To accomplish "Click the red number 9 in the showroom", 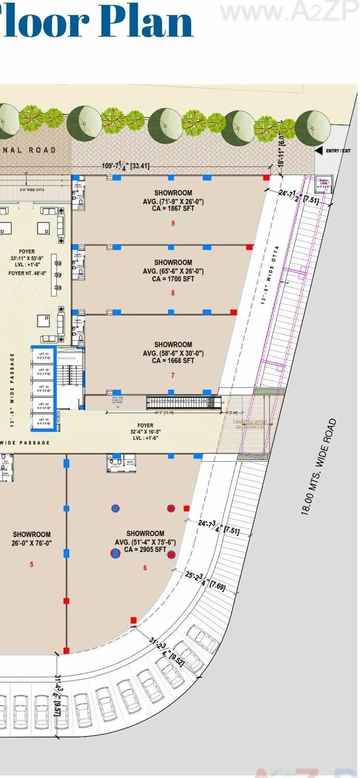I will (x=173, y=223).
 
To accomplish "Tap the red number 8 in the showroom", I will (x=173, y=293).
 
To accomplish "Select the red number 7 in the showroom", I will (x=173, y=375).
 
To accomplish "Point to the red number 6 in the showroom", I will (x=145, y=568).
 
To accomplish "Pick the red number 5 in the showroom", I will (x=32, y=564).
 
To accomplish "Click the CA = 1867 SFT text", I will (x=173, y=209).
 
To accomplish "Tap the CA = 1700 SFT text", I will (x=173, y=279).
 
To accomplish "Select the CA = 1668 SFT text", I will (x=173, y=360).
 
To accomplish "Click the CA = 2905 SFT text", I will (x=145, y=549).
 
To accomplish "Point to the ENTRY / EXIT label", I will (x=339, y=151).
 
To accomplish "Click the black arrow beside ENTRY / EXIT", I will (x=319, y=151).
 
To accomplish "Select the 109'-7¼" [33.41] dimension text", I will (x=126, y=166).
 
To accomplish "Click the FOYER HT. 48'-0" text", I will (x=28, y=273).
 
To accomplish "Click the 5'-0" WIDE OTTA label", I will (x=32, y=190).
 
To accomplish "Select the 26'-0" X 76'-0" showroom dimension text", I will (x=32, y=543).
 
